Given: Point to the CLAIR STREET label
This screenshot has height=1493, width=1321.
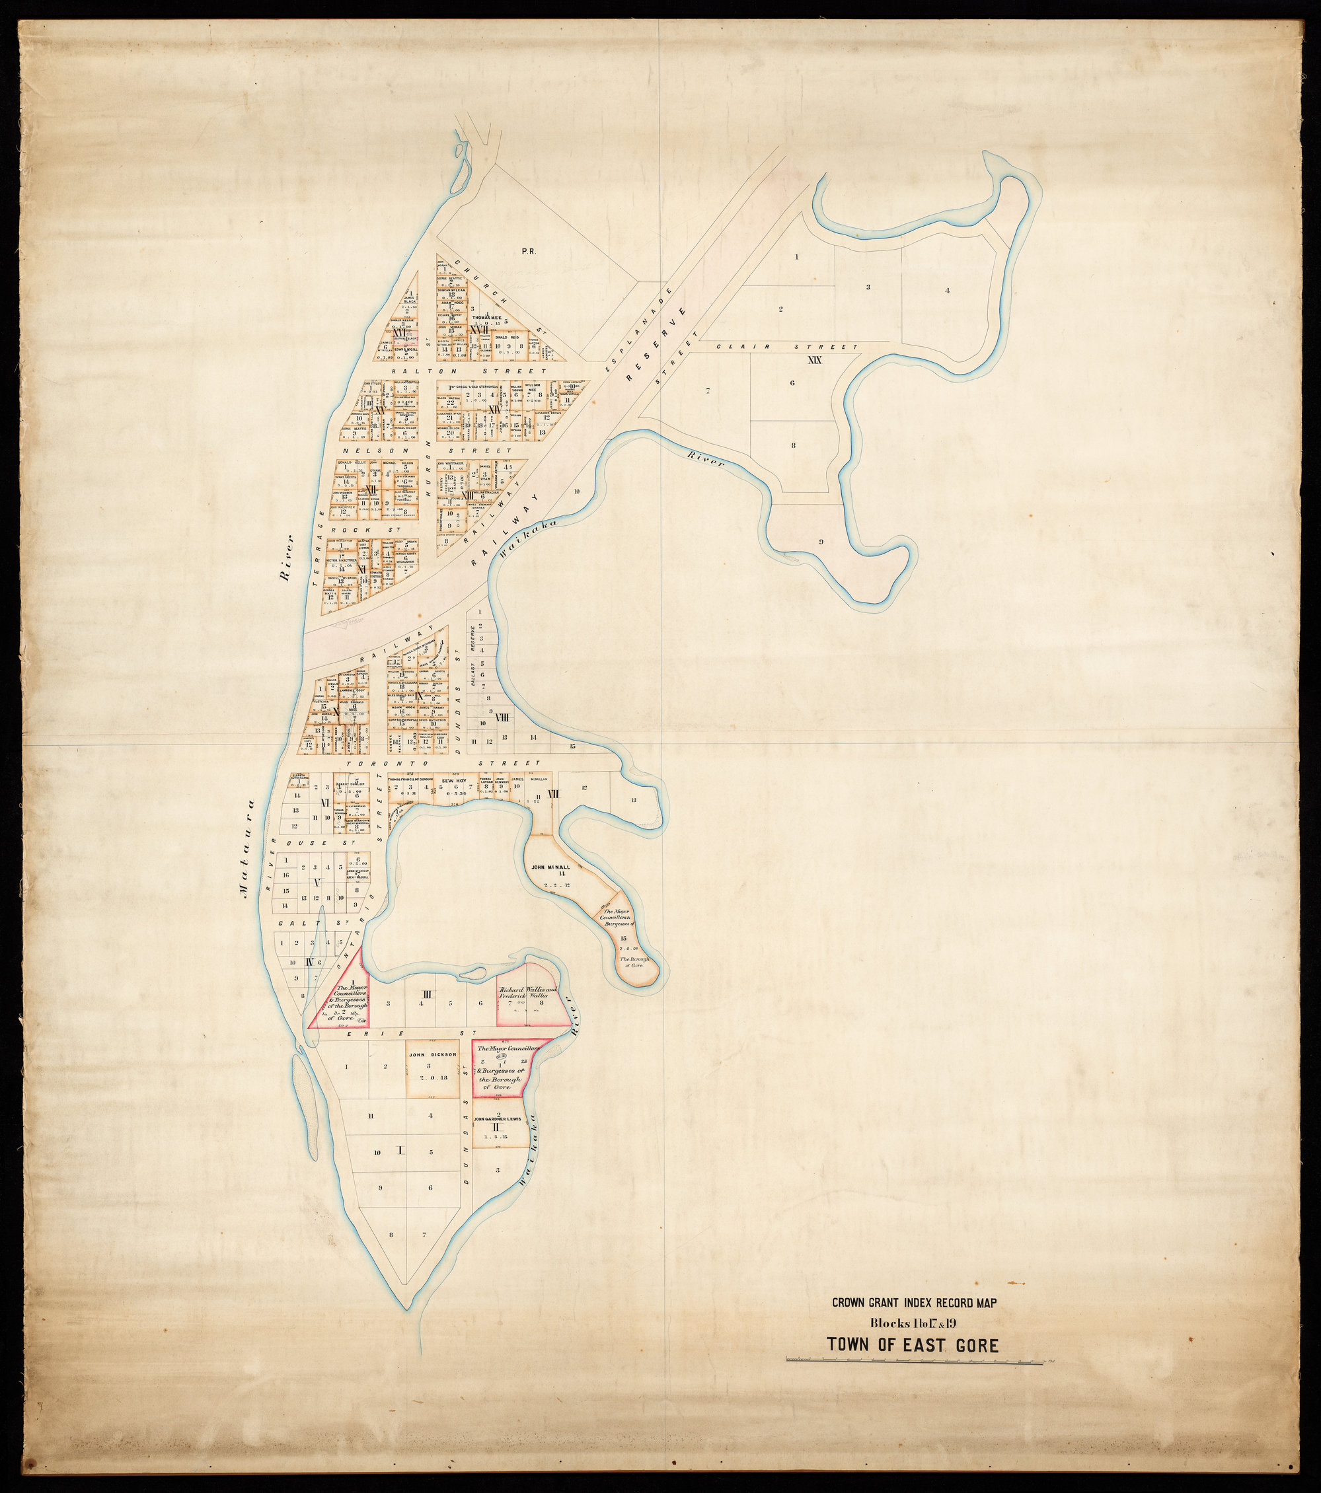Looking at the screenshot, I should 786,347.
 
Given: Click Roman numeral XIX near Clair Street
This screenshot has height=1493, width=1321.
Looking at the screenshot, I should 815,359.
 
